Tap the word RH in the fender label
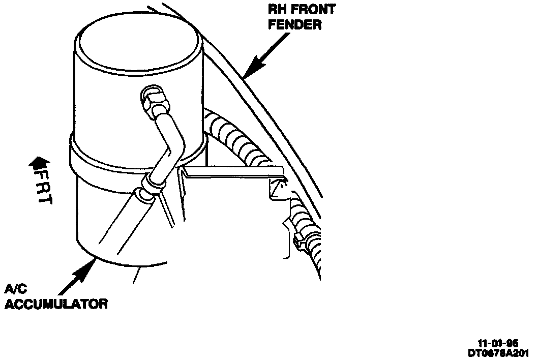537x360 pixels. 278,9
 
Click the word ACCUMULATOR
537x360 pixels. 56,305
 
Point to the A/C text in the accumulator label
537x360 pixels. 14,290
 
